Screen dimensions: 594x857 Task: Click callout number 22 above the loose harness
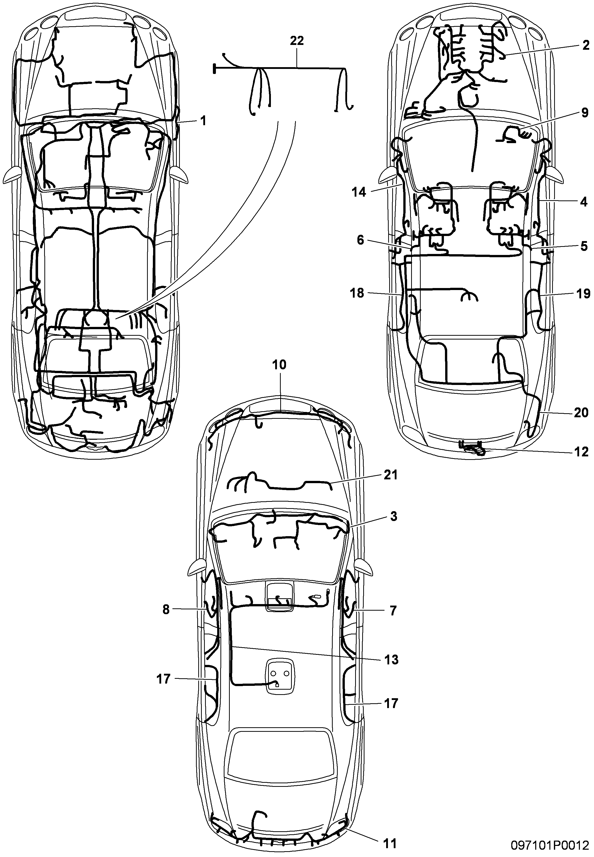tap(297, 41)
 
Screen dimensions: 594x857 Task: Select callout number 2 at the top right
tap(586, 45)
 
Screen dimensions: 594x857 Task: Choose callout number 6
tap(360, 240)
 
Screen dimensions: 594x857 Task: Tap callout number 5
tap(584, 246)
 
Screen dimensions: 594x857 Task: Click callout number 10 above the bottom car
tap(279, 365)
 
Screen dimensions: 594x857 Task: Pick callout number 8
tap(166, 610)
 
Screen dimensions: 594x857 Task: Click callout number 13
tap(391, 660)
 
